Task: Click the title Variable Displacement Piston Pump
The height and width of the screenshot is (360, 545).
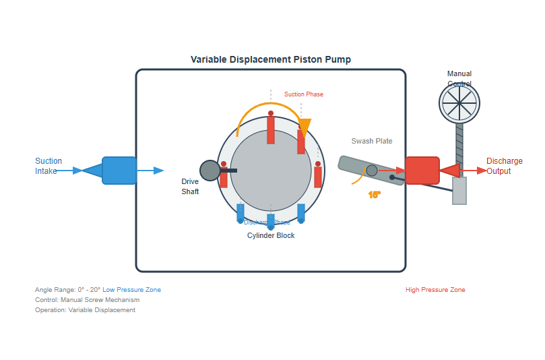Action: coord(270,59)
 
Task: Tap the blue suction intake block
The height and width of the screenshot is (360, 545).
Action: coord(119,171)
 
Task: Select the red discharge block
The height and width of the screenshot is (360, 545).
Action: coord(422,171)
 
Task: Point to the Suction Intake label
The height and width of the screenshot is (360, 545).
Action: coord(49,166)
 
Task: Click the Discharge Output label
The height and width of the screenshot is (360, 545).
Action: coord(504,166)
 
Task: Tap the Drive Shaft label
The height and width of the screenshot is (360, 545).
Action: coord(190,187)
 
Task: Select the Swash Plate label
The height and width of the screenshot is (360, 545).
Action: coord(371,141)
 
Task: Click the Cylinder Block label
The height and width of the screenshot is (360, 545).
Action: coord(271,235)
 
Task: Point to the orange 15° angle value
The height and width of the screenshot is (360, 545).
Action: coord(375,195)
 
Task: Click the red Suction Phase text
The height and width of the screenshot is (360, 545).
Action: coord(303,94)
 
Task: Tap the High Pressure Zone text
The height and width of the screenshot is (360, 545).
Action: coord(435,290)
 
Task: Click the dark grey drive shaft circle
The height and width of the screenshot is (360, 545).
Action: coord(210,171)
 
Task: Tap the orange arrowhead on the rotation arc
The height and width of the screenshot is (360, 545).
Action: coord(305,126)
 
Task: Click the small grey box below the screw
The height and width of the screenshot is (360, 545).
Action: coord(459,191)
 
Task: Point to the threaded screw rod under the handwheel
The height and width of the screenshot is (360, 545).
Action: coord(459,148)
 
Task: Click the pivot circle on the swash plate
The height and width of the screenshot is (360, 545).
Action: coord(371,171)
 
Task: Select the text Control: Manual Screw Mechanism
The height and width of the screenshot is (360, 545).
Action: coord(88,300)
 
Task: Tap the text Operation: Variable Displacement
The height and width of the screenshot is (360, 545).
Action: coord(85,310)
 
